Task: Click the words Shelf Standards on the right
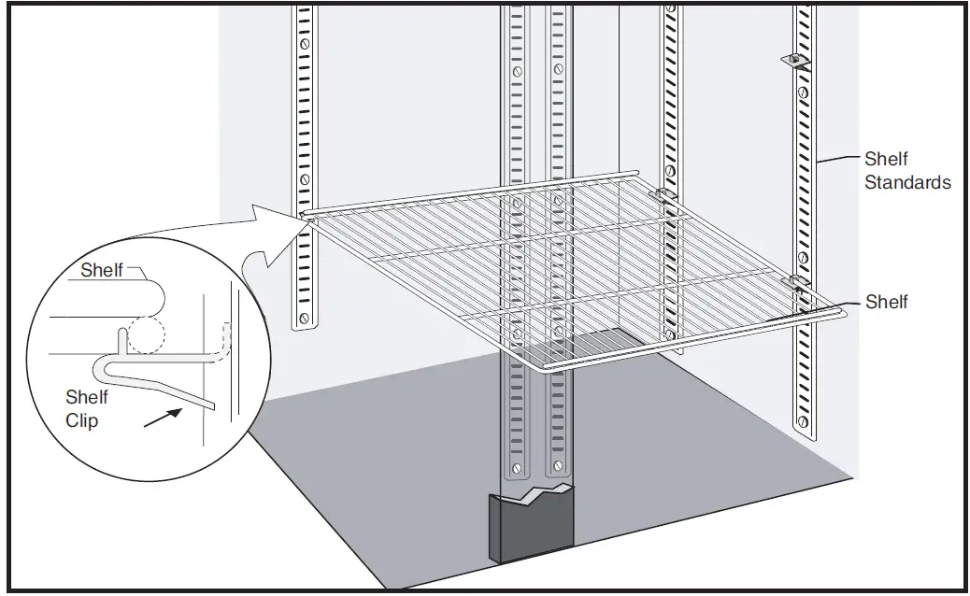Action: coord(906,171)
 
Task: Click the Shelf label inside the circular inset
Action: coord(102,271)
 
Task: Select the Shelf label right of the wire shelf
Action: coord(886,302)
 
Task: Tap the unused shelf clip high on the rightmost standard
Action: coord(794,61)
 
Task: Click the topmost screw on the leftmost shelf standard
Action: coord(303,44)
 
